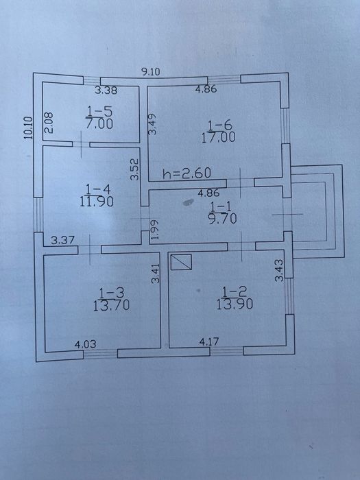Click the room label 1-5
click(x=100, y=111)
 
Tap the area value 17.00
click(x=219, y=137)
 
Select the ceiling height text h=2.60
click(x=187, y=173)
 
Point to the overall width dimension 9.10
click(x=151, y=72)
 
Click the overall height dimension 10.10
click(x=28, y=128)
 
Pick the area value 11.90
click(x=97, y=202)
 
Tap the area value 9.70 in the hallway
click(x=223, y=219)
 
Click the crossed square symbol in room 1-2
click(x=181, y=262)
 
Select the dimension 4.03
click(x=86, y=344)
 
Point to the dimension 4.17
click(x=209, y=341)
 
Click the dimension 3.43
click(x=279, y=270)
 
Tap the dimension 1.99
click(x=156, y=230)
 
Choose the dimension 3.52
click(x=134, y=169)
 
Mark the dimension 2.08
click(x=49, y=123)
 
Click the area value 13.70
click(x=111, y=305)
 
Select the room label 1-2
click(x=235, y=291)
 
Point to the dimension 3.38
click(x=106, y=91)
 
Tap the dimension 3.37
click(x=63, y=241)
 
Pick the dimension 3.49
click(x=152, y=124)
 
